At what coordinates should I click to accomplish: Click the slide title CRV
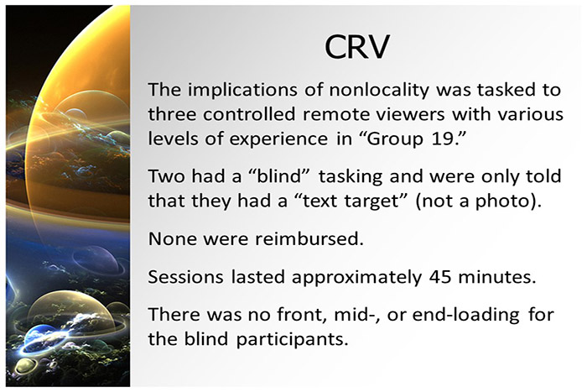[356, 48]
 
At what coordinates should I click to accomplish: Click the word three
[173, 114]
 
